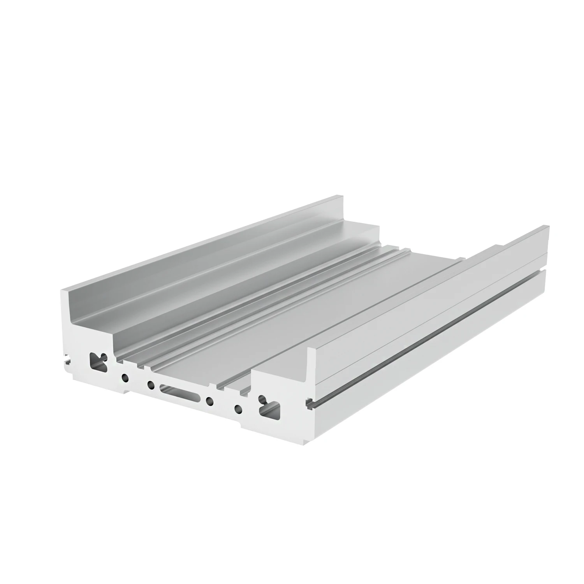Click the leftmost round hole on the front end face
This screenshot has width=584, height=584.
pyautogui.click(x=125, y=377)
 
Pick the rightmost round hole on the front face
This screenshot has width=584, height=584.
pyautogui.click(x=236, y=408)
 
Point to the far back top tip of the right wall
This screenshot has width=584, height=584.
pyautogui.click(x=548, y=226)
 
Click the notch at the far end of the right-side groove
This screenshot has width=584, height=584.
pyautogui.click(x=548, y=267)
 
